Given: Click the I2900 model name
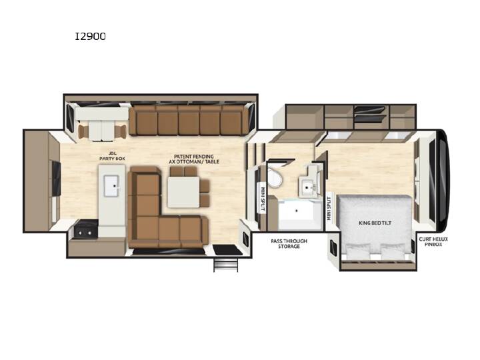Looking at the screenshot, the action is [x=91, y=37].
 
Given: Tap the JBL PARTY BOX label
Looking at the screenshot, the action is [x=112, y=156].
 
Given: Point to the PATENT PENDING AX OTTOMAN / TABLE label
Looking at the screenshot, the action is [x=194, y=159].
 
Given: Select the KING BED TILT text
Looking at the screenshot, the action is [x=375, y=223].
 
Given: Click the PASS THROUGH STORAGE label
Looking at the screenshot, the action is [x=289, y=244].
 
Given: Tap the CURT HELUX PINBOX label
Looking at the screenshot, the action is [x=433, y=241].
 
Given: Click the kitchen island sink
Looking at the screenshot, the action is [x=111, y=185].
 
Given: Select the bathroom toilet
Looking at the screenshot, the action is [x=274, y=177].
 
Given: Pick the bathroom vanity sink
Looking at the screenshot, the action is [x=307, y=186].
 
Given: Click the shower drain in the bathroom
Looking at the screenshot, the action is [x=296, y=211].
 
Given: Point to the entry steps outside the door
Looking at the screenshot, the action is [x=226, y=264].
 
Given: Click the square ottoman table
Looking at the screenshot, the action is [x=183, y=192].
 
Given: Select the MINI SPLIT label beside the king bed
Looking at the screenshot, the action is [x=329, y=208].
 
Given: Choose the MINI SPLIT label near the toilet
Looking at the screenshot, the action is [x=263, y=199].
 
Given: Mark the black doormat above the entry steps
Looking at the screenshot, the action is [x=227, y=250].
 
